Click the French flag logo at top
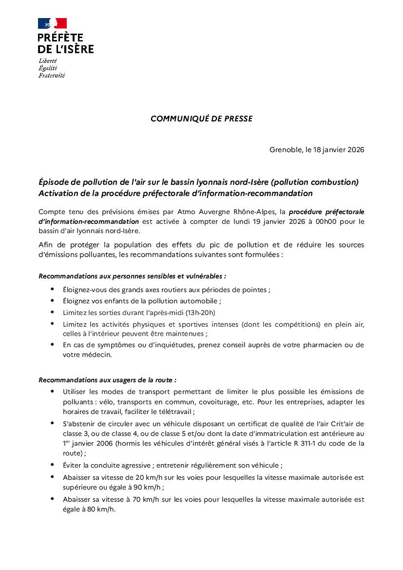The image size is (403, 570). point(52,23)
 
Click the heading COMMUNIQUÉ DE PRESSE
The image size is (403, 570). point(201,118)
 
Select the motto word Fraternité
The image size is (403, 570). point(52,76)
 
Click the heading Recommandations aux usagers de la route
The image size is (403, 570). point(107,380)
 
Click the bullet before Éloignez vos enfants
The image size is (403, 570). point(52,301)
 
